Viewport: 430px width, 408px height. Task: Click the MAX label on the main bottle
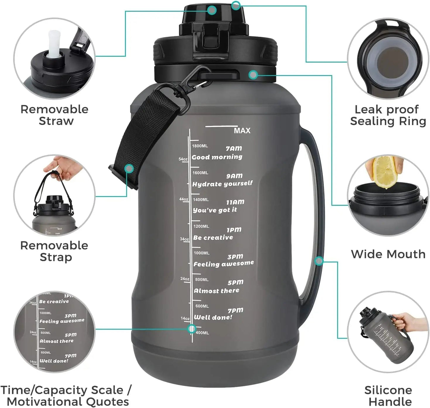click(x=242, y=130)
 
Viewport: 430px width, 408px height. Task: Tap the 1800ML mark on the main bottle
click(x=200, y=146)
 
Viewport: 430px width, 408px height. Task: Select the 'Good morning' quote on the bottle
click(x=217, y=157)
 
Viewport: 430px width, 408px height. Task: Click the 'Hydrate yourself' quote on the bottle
click(x=222, y=184)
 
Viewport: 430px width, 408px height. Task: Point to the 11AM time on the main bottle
click(x=235, y=202)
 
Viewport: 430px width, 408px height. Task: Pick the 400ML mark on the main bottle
click(x=202, y=333)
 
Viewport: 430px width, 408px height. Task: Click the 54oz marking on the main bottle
click(x=183, y=159)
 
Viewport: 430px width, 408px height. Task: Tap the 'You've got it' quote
click(x=215, y=210)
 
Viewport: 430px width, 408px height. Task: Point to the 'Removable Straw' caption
click(x=55, y=115)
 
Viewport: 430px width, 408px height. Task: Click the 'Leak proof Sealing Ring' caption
click(x=388, y=115)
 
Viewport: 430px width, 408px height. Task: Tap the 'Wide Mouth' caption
click(x=388, y=254)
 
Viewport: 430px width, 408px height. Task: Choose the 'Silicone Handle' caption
click(x=388, y=396)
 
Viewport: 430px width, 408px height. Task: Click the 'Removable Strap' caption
click(x=55, y=251)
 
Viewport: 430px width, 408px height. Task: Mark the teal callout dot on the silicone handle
click(x=319, y=261)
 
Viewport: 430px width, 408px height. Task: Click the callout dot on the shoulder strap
click(x=129, y=169)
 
